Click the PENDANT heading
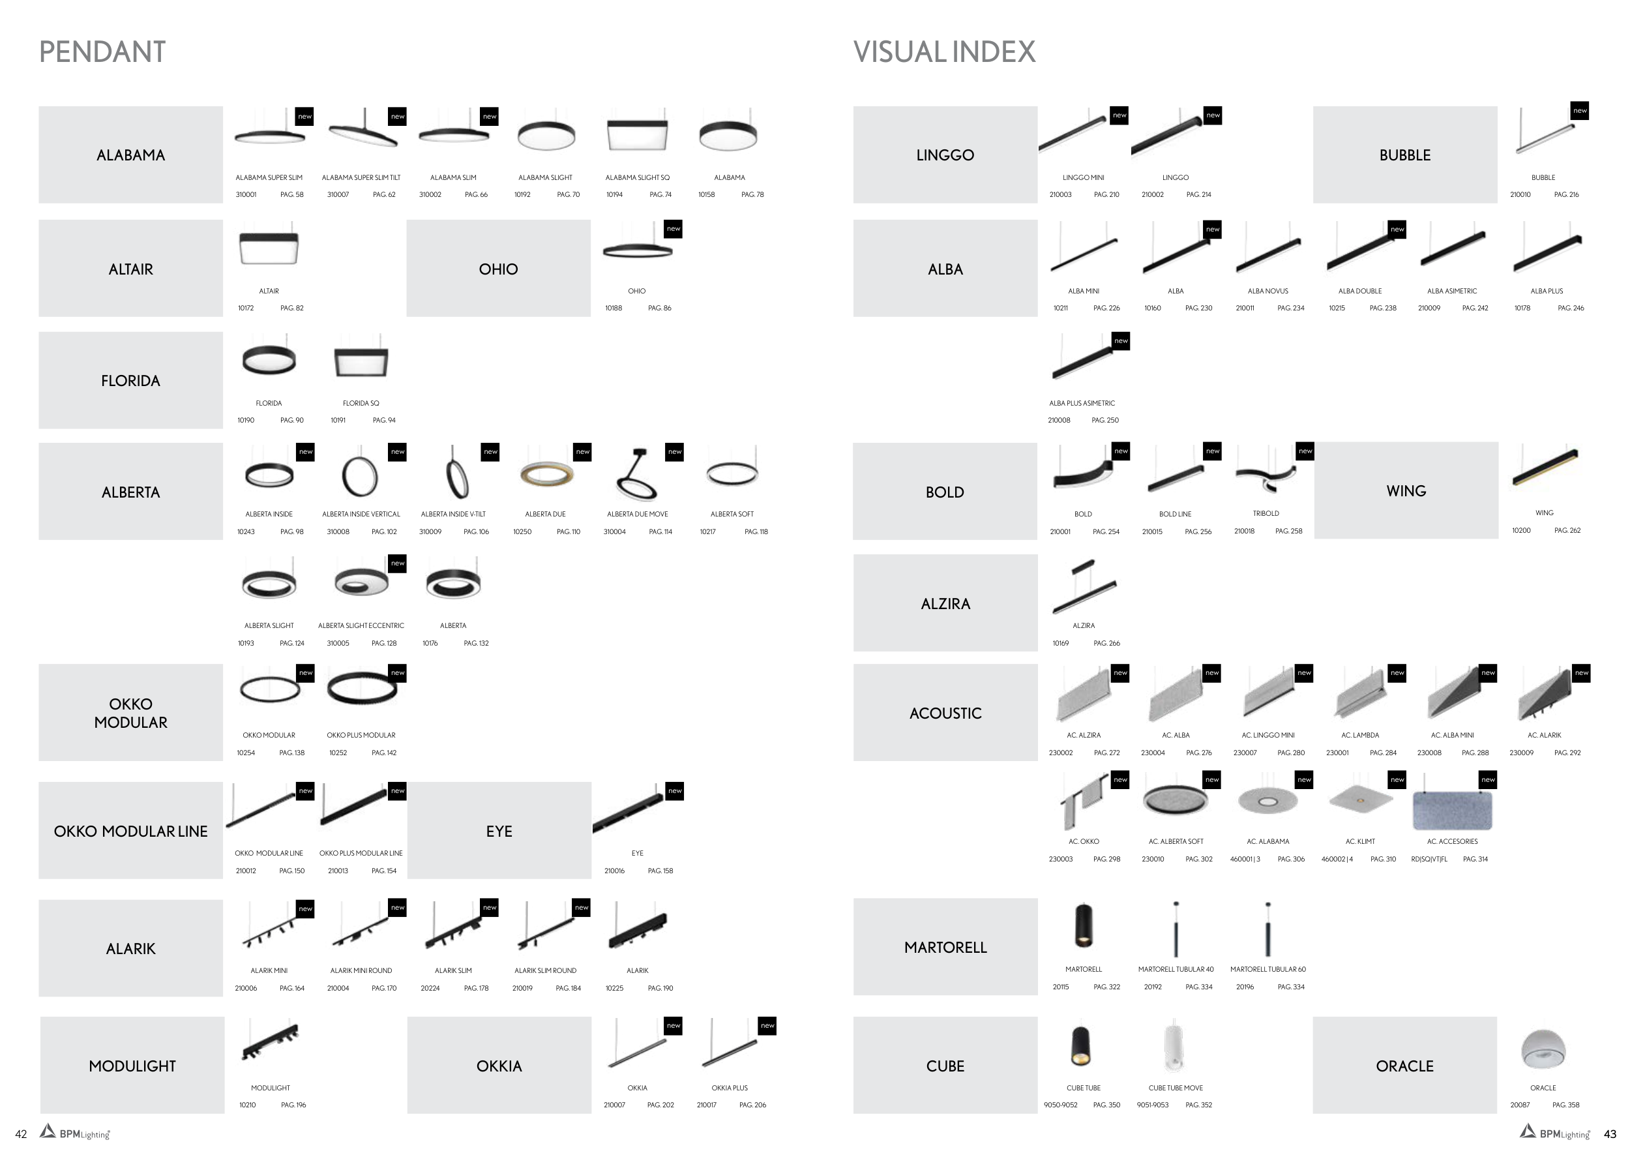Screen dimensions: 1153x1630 (102, 52)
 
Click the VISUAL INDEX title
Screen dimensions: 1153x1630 (943, 52)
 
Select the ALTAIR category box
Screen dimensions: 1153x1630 (130, 269)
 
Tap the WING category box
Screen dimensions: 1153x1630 (1405, 490)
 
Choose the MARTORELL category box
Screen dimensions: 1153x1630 (945, 947)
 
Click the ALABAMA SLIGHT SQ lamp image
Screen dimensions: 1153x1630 (637, 135)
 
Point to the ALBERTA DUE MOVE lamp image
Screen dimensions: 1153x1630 (637, 475)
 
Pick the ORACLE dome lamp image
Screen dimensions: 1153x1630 (1543, 1049)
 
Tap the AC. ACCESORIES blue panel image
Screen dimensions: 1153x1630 (1452, 810)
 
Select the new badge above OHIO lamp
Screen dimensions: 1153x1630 (673, 229)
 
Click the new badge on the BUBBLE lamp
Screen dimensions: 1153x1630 (1580, 111)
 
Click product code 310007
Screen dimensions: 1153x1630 (338, 194)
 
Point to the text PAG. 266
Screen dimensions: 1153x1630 (1106, 643)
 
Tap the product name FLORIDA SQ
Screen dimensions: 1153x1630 (361, 403)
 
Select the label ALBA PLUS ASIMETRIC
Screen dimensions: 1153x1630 (1081, 403)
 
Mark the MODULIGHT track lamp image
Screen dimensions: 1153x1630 (270, 1041)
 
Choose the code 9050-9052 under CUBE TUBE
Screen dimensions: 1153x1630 (1060, 1105)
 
